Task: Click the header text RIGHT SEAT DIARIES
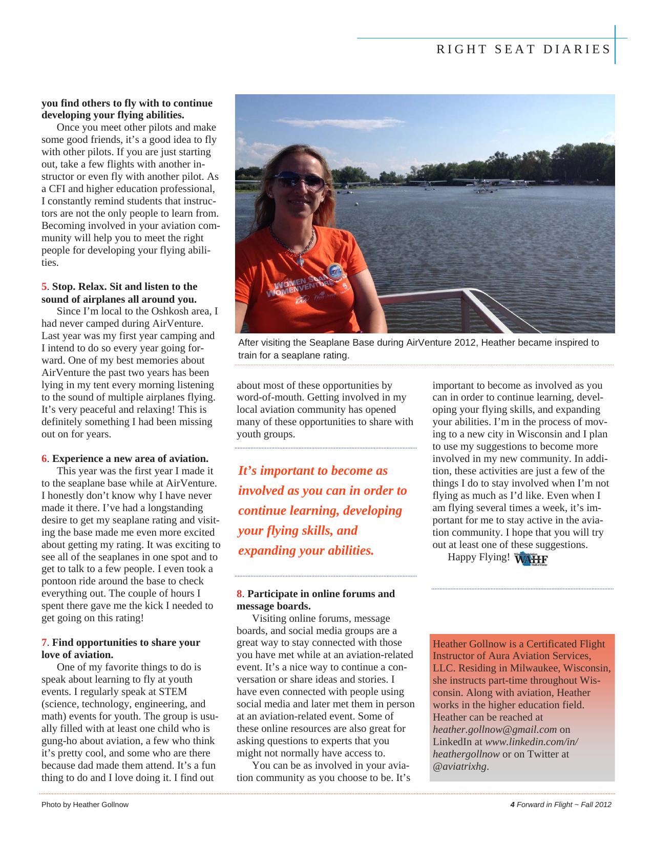523,50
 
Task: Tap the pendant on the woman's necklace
301,261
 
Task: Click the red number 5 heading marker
44,287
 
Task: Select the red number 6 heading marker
44,459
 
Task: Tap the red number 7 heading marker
44,643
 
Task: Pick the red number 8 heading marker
239,594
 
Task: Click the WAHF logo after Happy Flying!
531,559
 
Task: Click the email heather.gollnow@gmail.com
495,730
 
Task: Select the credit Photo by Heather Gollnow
85,805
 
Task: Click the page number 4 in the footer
512,805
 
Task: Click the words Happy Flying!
478,557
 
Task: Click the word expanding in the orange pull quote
269,551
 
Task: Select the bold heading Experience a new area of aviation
130,459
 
